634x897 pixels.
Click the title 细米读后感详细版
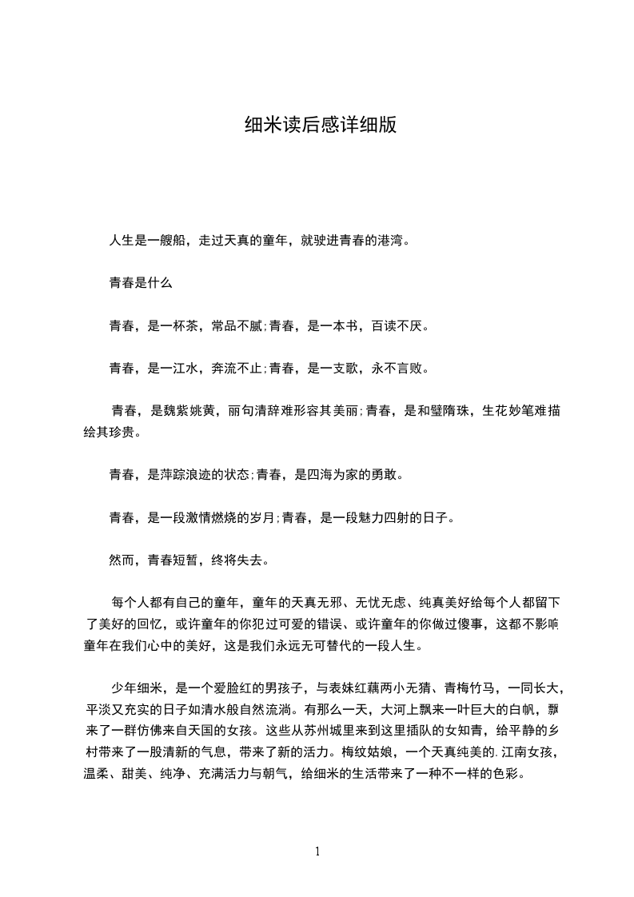320,126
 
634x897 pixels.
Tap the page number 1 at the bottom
318,851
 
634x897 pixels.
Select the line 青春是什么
140,283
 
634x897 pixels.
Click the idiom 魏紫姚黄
189,412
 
